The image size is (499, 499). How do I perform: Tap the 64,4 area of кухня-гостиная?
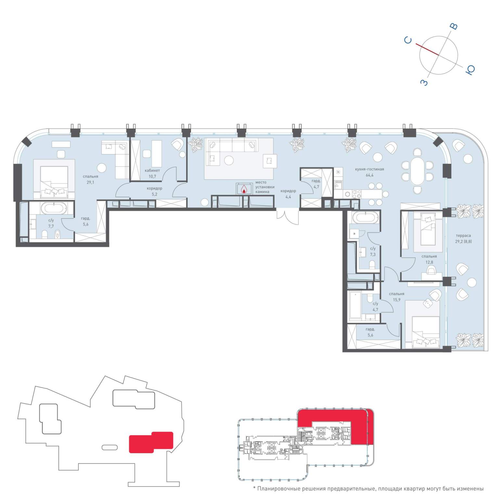pos(369,175)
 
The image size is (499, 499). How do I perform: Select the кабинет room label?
pos(152,170)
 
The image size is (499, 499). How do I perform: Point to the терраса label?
pos(463,236)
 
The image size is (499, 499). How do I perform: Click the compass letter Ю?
pos(470,70)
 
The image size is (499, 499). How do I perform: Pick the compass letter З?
pos(424,83)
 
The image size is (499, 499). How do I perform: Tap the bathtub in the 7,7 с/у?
pos(55,208)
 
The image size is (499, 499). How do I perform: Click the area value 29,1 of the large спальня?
pos(90,183)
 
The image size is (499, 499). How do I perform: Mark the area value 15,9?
pos(397,300)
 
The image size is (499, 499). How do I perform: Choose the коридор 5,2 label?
pos(154,191)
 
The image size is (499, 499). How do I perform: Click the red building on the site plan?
pos(151,442)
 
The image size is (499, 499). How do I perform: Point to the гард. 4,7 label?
pos(316,184)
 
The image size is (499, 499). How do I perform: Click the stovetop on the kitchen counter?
pos(357,194)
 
